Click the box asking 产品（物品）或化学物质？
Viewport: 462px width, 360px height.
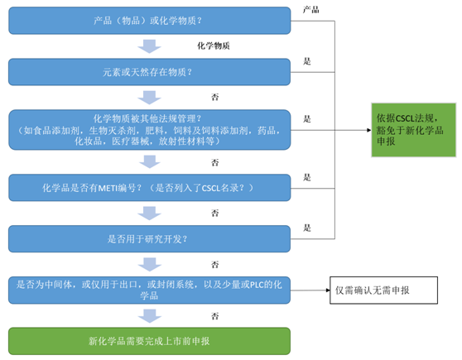coord(150,20)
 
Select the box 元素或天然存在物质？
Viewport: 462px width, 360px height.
coord(150,72)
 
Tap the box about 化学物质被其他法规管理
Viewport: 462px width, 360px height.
coord(150,130)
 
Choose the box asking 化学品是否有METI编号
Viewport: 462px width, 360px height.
coord(150,188)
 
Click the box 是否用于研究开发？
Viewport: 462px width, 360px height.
coord(150,239)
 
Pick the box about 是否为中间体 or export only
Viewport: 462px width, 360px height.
coord(150,290)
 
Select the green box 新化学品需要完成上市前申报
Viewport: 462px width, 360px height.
coord(150,340)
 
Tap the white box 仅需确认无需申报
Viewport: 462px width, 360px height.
coord(383,290)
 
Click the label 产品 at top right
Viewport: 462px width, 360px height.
coord(310,9)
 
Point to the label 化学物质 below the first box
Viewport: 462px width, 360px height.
coord(214,46)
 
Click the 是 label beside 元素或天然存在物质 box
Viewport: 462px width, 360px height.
coord(307,61)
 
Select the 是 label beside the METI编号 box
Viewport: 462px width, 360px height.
coord(307,177)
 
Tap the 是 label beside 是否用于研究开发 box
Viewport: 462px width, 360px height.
coord(307,228)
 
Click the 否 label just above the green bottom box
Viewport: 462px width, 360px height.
coord(215,315)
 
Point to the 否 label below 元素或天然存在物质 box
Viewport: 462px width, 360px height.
coord(215,97)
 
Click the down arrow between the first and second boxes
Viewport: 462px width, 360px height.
coord(150,46)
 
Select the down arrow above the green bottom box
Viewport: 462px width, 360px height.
coord(150,315)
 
